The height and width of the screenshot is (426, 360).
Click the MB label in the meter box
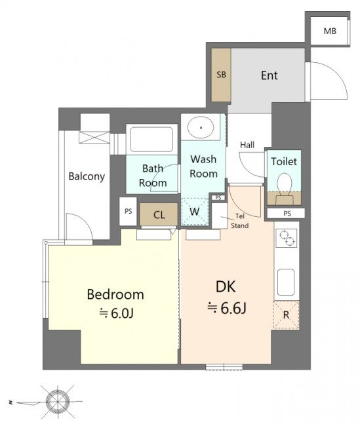point(330,31)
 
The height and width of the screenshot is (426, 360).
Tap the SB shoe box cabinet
point(221,75)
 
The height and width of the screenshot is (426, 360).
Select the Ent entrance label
point(270,75)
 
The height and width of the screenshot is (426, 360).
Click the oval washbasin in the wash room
point(201,127)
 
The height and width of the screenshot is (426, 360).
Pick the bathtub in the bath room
point(151,140)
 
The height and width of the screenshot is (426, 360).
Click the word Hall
point(247,145)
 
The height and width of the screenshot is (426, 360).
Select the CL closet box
point(159,214)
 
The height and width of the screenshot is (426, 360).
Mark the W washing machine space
point(195,212)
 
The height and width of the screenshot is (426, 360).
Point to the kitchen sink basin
point(286,282)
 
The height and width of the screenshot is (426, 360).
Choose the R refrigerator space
point(287,315)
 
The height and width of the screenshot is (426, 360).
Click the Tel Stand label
point(240,221)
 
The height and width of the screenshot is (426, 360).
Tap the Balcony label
point(87,176)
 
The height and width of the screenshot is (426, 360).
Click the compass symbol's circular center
point(58,401)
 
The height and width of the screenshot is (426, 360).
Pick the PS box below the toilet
point(286,213)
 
